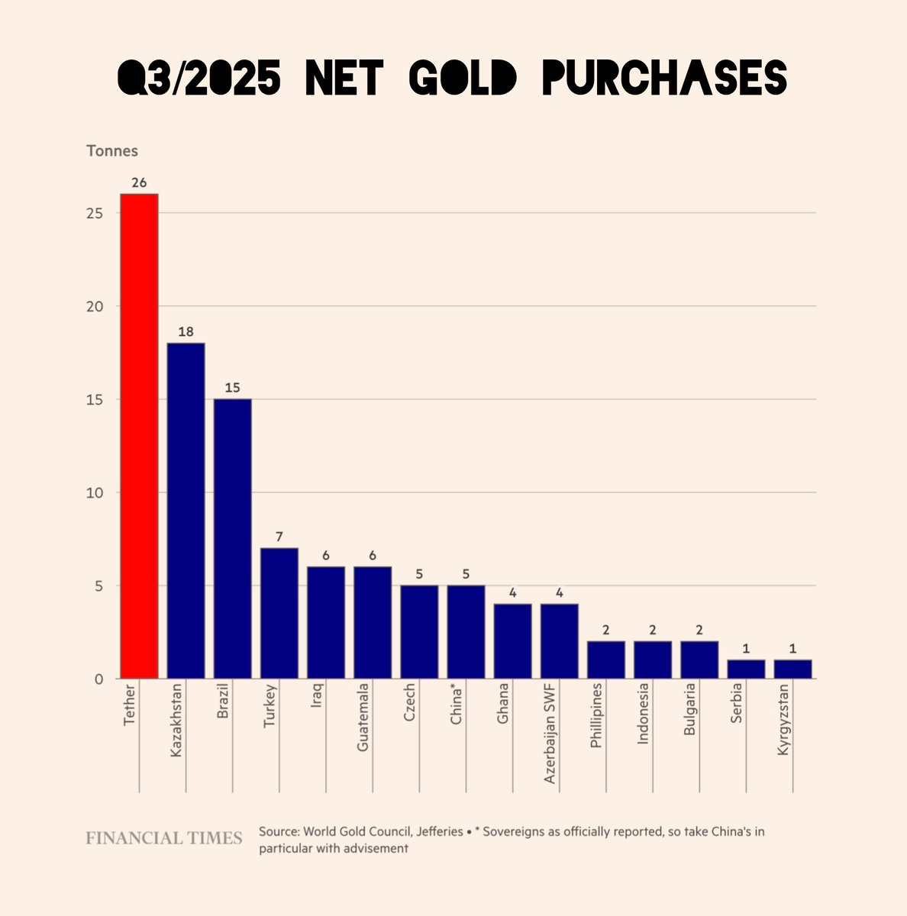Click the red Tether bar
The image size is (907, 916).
click(140, 436)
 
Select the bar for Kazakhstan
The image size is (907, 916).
click(186, 511)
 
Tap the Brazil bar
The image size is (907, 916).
click(233, 539)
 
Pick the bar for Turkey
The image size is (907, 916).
click(279, 613)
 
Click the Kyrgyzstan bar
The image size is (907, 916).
click(792, 669)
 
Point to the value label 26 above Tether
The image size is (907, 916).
click(140, 183)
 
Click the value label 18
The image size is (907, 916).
click(186, 332)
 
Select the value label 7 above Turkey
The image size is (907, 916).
click(279, 537)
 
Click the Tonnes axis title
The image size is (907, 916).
click(111, 151)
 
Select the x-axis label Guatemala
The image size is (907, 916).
click(363, 718)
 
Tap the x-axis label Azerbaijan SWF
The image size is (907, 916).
click(550, 734)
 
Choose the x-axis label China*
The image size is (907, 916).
click(457, 706)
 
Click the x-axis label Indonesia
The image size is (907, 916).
click(643, 718)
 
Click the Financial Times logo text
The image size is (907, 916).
click(163, 838)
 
